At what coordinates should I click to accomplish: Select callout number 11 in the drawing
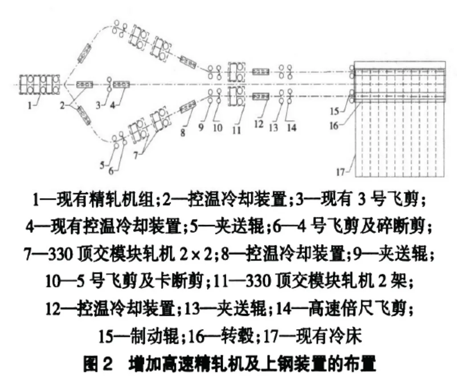point(236,130)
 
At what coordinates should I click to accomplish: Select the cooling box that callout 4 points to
point(121,84)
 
